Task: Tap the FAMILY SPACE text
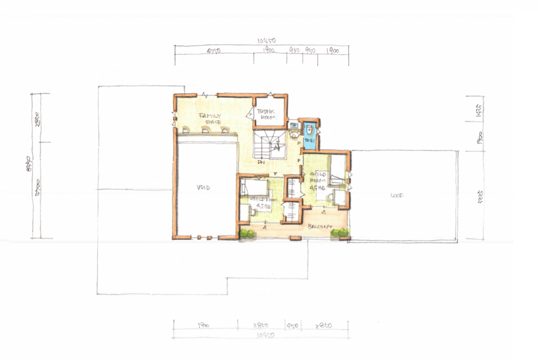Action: pyautogui.click(x=210, y=118)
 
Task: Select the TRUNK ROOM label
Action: pyautogui.click(x=266, y=115)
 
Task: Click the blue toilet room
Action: pyautogui.click(x=310, y=134)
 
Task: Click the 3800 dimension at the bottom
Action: pyautogui.click(x=203, y=326)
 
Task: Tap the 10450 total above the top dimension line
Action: pyautogui.click(x=267, y=40)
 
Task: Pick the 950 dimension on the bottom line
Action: pyautogui.click(x=293, y=326)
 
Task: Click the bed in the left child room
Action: pyautogui.click(x=254, y=188)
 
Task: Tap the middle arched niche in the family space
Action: pyautogui.click(x=205, y=130)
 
